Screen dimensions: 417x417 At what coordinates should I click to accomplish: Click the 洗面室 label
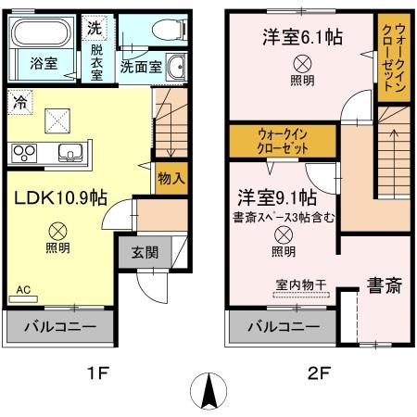tap(141, 67)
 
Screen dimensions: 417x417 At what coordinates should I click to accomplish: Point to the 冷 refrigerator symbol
tap(19, 103)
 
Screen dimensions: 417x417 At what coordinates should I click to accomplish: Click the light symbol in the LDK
tap(57, 229)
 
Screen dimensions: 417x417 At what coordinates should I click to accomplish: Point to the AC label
tap(23, 289)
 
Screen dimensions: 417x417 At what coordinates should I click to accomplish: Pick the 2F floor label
tap(319, 374)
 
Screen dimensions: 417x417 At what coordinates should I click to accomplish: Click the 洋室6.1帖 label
tap(301, 39)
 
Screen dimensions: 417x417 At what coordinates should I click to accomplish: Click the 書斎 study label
tap(381, 284)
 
